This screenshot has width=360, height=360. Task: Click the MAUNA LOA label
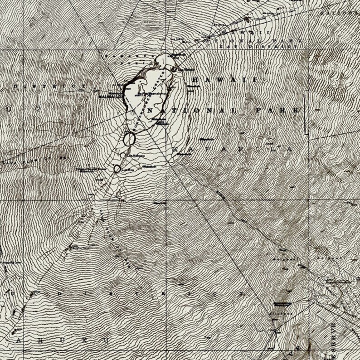(105, 96)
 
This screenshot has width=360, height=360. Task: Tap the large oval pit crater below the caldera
(129, 139)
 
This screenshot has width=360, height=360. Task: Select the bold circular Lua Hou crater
(117, 169)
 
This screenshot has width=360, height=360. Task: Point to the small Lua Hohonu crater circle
(122, 155)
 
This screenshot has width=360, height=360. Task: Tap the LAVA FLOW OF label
(36, 160)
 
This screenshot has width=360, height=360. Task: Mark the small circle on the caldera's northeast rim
(174, 69)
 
